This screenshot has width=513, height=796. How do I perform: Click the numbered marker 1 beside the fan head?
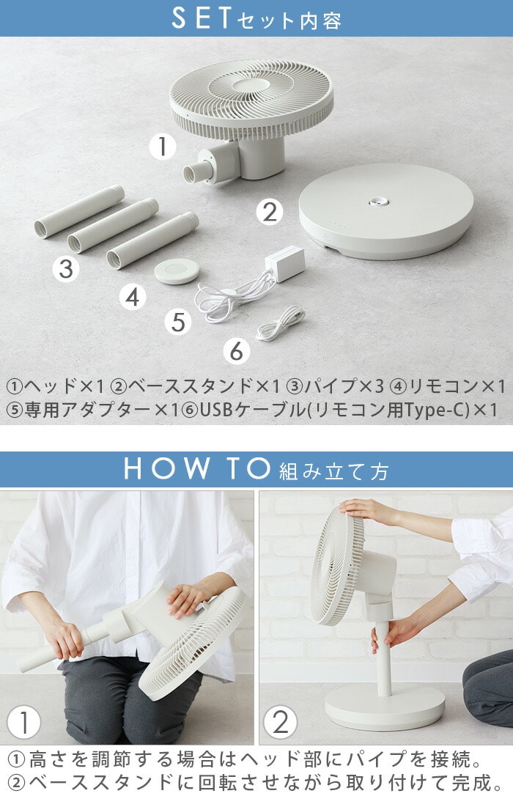(x=163, y=146)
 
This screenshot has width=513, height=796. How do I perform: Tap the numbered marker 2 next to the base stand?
(x=270, y=211)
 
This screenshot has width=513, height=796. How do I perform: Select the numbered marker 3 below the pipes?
(x=66, y=268)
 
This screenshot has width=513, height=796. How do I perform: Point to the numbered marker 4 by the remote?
(x=133, y=297)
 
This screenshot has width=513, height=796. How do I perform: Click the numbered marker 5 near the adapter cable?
(x=178, y=322)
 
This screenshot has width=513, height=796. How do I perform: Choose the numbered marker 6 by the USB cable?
(x=237, y=351)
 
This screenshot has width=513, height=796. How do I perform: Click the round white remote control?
(x=177, y=271)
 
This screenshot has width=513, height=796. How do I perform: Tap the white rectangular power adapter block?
(x=284, y=263)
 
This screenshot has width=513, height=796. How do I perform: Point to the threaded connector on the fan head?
(x=195, y=172)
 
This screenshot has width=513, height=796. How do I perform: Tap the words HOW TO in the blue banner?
(x=197, y=468)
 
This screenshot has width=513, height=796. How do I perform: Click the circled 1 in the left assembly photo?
(x=23, y=722)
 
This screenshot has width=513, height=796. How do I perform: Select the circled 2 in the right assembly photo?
(x=281, y=721)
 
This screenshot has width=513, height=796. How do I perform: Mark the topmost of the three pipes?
(x=79, y=211)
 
